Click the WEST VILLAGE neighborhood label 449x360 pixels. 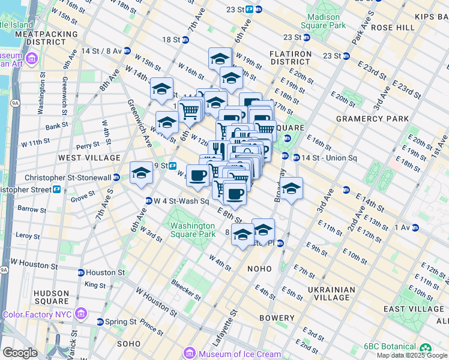click(x=89, y=157)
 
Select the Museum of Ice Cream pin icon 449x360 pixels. click(x=190, y=353)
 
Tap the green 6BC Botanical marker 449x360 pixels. click(x=426, y=347)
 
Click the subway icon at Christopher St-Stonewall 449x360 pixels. click(x=116, y=178)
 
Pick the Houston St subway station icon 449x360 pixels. click(x=80, y=272)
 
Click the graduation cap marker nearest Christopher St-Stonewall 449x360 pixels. click(x=142, y=173)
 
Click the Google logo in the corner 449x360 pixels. click(x=20, y=353)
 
